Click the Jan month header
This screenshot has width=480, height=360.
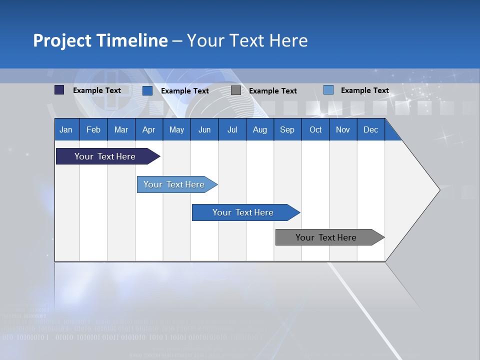[66, 129]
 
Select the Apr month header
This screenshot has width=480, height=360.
[149, 129]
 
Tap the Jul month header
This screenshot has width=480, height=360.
[232, 129]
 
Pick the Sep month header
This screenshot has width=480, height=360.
[287, 129]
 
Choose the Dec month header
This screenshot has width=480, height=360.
[370, 129]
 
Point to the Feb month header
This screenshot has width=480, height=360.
[93, 129]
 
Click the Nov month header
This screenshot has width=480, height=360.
[342, 129]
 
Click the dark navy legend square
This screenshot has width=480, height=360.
[59, 90]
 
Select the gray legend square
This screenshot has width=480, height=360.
[236, 90]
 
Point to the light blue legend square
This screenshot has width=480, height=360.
[328, 90]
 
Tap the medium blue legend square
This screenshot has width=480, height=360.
[147, 90]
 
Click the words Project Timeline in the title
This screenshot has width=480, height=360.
[100, 40]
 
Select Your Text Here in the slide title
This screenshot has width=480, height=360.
[247, 40]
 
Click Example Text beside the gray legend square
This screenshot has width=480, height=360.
[272, 91]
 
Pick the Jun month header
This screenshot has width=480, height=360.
[204, 129]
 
